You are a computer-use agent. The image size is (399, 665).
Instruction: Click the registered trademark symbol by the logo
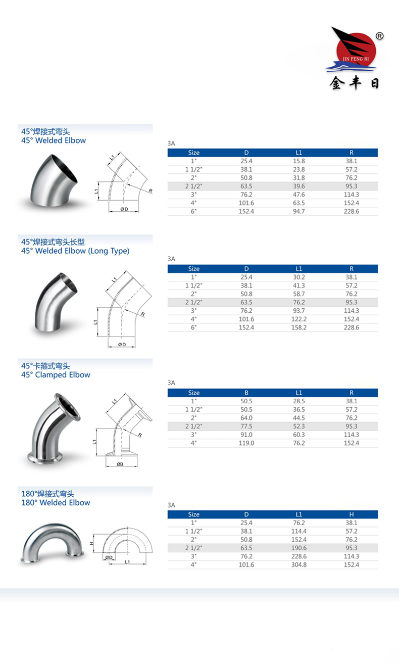click(x=380, y=36)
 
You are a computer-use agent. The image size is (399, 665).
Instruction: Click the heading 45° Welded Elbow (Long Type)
click(x=75, y=251)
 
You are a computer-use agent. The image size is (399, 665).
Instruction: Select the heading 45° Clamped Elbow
click(x=56, y=374)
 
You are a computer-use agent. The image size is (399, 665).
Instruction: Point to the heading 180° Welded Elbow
click(x=56, y=502)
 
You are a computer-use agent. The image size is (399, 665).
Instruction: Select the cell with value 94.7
click(x=299, y=211)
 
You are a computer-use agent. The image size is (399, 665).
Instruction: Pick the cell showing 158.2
click(x=299, y=327)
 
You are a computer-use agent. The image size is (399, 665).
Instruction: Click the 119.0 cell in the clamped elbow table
click(x=246, y=443)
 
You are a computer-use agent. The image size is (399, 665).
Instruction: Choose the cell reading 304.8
click(x=299, y=564)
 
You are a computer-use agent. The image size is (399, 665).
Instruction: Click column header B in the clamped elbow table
click(x=246, y=393)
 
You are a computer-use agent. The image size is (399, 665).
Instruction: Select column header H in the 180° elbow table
click(x=352, y=514)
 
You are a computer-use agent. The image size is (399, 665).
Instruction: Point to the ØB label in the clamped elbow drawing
click(x=120, y=464)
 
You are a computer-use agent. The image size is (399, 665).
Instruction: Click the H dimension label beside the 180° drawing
click(x=92, y=544)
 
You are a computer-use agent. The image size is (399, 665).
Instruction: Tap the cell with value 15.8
click(x=299, y=161)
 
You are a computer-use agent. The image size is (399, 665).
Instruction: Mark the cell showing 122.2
click(x=299, y=319)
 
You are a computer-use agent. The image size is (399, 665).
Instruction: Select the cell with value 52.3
click(x=299, y=426)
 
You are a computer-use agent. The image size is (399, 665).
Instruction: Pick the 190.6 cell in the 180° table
click(x=299, y=548)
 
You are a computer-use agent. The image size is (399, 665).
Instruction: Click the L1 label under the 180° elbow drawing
click(x=128, y=561)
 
